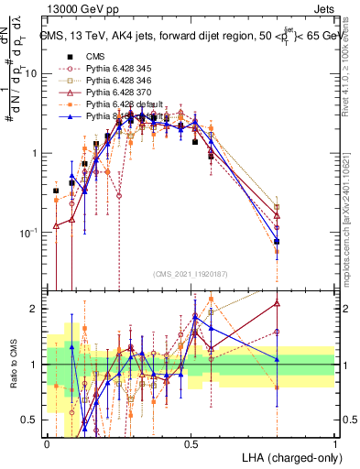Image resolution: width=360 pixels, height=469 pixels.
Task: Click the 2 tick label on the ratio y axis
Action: (38, 309)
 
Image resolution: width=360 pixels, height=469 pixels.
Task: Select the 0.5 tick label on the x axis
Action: (191, 443)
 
